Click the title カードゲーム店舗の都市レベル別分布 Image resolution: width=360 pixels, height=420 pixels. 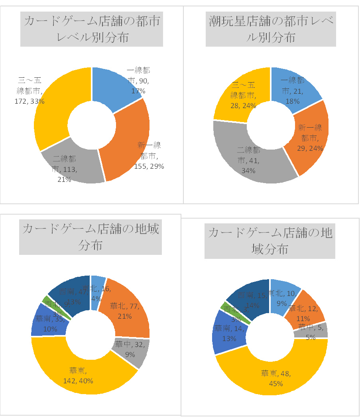92,29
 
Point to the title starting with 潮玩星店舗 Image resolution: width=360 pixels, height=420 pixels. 271,29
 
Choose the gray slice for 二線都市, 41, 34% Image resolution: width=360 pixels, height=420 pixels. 247,156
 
